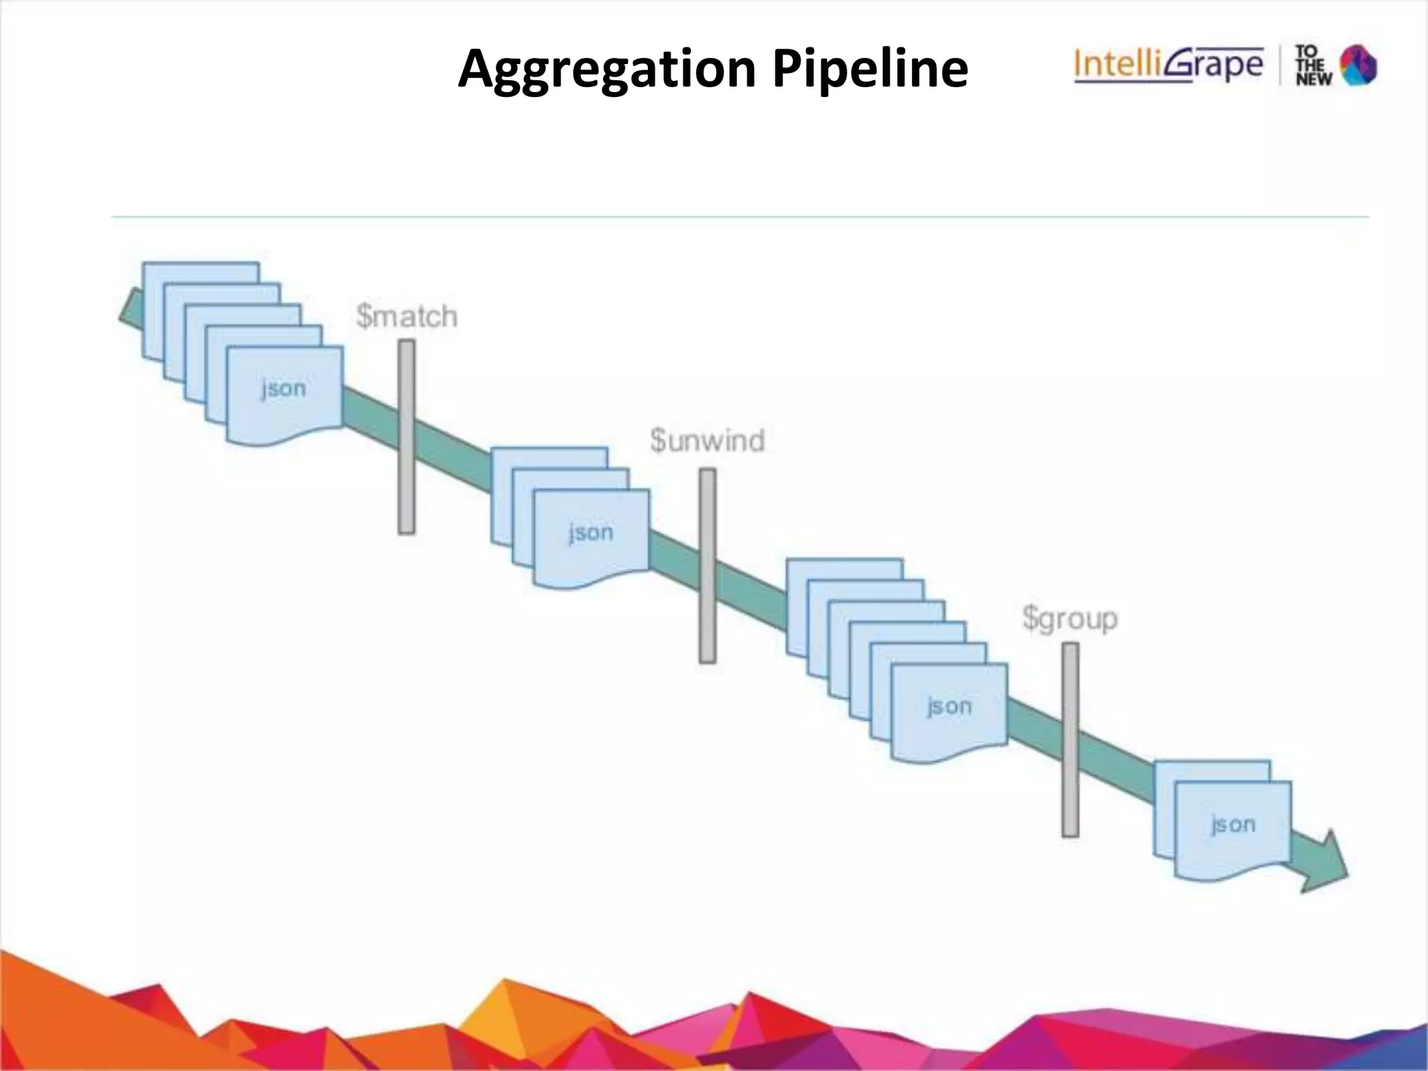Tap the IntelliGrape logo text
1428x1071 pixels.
(1169, 66)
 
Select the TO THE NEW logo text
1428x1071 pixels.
(1312, 66)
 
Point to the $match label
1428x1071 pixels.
(407, 317)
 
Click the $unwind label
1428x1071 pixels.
(707, 441)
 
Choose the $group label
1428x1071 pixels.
(1070, 618)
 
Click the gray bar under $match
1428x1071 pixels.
(407, 437)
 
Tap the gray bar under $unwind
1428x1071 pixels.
(707, 565)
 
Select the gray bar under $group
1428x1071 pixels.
(1070, 739)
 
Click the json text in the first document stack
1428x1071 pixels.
(284, 388)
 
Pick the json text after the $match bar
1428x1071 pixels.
(591, 533)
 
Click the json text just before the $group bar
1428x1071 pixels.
(949, 706)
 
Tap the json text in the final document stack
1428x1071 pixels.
(1233, 825)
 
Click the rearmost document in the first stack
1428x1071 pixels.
(201, 273)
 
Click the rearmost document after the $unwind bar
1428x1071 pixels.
(844, 568)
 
